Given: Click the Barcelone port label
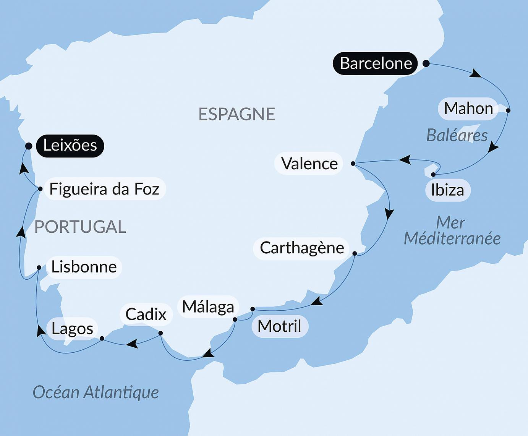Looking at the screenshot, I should [375, 63].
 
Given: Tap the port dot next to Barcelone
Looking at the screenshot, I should [426, 64].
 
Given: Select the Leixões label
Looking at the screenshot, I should [70, 146].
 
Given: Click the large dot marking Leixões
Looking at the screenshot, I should [29, 146].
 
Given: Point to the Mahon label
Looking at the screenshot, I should [468, 109].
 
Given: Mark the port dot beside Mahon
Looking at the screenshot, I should [508, 110].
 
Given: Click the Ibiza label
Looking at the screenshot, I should [447, 190].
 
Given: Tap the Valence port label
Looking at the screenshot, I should [309, 164].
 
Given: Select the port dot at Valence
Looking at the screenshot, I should [353, 164].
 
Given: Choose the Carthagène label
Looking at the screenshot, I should [301, 248].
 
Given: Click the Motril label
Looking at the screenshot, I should [279, 326].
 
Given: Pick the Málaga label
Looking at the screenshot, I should [208, 307].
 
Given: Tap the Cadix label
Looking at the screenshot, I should [146, 314].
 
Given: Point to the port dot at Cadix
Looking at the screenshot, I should [160, 333].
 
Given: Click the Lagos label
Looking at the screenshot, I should [72, 329].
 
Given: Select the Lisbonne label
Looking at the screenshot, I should [84, 267].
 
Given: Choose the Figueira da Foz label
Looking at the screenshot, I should [104, 189].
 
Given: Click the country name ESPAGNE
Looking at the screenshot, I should [236, 114].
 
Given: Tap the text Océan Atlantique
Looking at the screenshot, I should [96, 392].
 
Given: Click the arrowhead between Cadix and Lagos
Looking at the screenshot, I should [132, 344].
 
